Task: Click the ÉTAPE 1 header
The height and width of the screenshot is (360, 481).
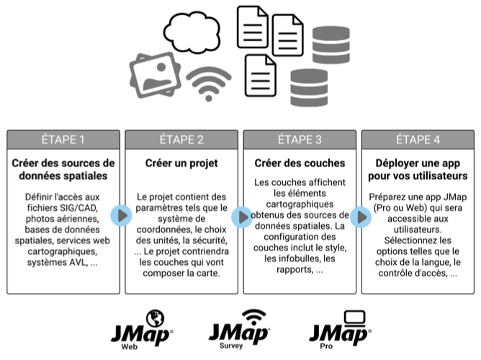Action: coord(63,139)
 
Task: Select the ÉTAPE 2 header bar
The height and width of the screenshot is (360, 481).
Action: coord(181,139)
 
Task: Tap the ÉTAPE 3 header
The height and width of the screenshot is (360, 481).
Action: coord(300,139)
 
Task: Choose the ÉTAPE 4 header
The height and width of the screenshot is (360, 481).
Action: coord(418,139)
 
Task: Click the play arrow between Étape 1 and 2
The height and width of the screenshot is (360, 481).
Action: coord(122,215)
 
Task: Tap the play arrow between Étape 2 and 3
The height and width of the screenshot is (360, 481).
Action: coord(240,215)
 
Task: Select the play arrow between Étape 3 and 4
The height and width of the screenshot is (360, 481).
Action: coord(359,215)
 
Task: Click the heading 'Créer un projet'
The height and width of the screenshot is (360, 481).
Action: coord(181,163)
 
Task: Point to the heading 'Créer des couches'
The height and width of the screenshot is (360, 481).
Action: coord(300,163)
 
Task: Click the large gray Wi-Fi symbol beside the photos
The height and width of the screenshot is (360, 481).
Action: coord(209,84)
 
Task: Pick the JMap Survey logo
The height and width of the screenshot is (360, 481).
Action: coord(240,330)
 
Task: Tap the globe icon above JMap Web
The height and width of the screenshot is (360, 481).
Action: coord(154,318)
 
